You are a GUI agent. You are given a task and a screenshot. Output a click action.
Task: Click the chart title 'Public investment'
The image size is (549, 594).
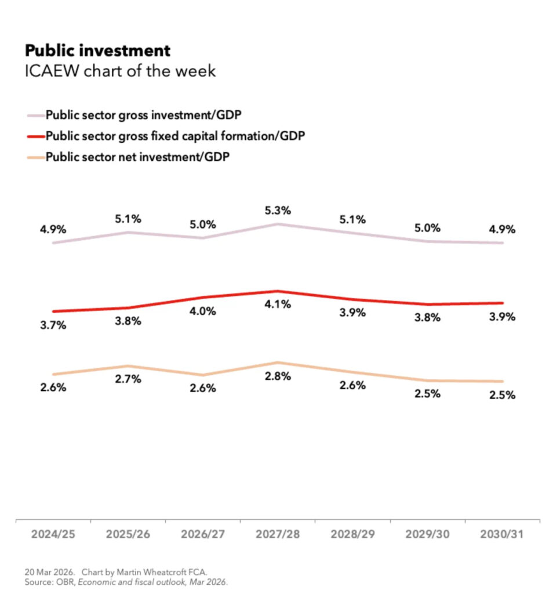point(97,50)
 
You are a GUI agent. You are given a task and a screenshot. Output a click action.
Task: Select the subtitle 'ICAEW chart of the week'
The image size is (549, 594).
point(119,71)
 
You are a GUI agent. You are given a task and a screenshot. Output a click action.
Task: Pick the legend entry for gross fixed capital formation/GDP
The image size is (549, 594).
point(175,136)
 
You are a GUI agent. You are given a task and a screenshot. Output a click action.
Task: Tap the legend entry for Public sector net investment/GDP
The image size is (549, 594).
point(137,157)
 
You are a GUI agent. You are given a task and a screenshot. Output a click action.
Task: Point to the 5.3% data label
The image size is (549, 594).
point(277,210)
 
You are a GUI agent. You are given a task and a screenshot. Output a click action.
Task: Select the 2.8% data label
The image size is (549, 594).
point(277,376)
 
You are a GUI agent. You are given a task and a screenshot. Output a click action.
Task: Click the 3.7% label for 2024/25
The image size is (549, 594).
point(53,325)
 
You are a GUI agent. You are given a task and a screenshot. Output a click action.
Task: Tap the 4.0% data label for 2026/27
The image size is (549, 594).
point(203,311)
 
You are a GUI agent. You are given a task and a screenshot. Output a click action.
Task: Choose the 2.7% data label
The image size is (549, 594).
point(128,379)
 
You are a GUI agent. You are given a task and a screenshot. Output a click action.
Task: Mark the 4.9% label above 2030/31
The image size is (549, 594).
point(502,229)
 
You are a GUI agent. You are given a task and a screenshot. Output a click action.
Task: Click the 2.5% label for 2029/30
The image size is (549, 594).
point(427,394)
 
